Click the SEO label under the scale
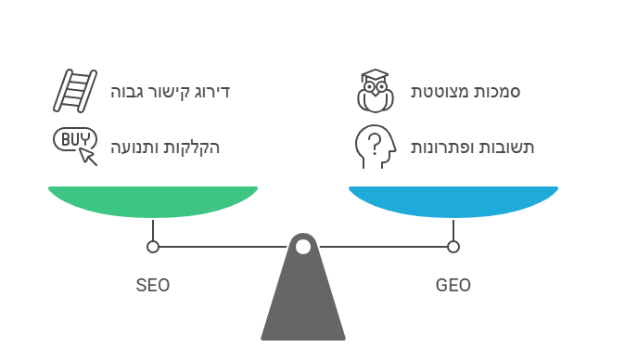click(x=153, y=285)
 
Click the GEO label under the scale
click(x=453, y=285)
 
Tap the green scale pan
click(x=153, y=200)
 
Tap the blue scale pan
click(x=453, y=200)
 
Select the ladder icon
click(x=75, y=91)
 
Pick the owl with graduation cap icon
click(x=376, y=91)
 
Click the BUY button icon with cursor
click(x=75, y=145)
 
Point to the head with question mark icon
click(x=376, y=146)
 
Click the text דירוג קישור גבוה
click(x=170, y=92)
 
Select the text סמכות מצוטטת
click(x=466, y=92)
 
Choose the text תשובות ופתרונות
click(x=473, y=147)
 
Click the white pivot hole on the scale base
click(x=303, y=247)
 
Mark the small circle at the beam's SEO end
click(x=153, y=247)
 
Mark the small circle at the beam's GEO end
click(x=453, y=247)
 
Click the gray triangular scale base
click(x=303, y=306)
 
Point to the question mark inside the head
click(x=373, y=144)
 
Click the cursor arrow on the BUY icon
click(x=89, y=156)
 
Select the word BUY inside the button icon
click(x=73, y=139)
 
